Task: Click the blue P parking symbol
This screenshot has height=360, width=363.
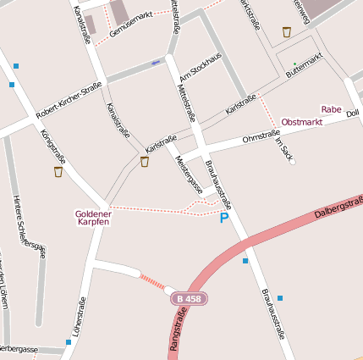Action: coord(224,219)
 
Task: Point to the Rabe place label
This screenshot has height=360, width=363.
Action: coord(331,109)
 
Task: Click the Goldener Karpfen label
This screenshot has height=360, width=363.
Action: coord(93,218)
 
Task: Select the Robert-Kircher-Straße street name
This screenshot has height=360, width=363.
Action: coord(69,100)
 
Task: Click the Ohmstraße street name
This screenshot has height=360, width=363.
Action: coord(261,136)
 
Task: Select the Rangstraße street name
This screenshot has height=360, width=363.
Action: coord(179,335)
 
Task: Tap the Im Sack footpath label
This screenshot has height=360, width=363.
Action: coord(284,149)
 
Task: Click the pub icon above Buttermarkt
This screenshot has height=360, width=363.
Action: coord(287,32)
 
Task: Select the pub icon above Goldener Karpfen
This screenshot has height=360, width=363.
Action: coord(58,172)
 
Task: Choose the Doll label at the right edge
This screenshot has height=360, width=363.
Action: coord(353,113)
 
